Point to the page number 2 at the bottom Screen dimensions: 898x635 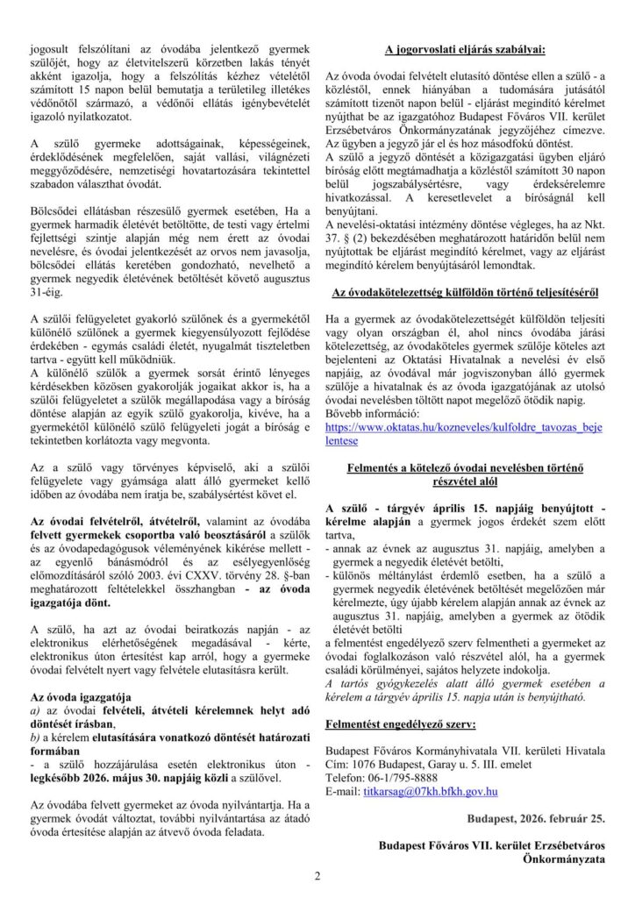(317, 876)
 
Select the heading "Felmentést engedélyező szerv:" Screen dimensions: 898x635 (401, 724)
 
